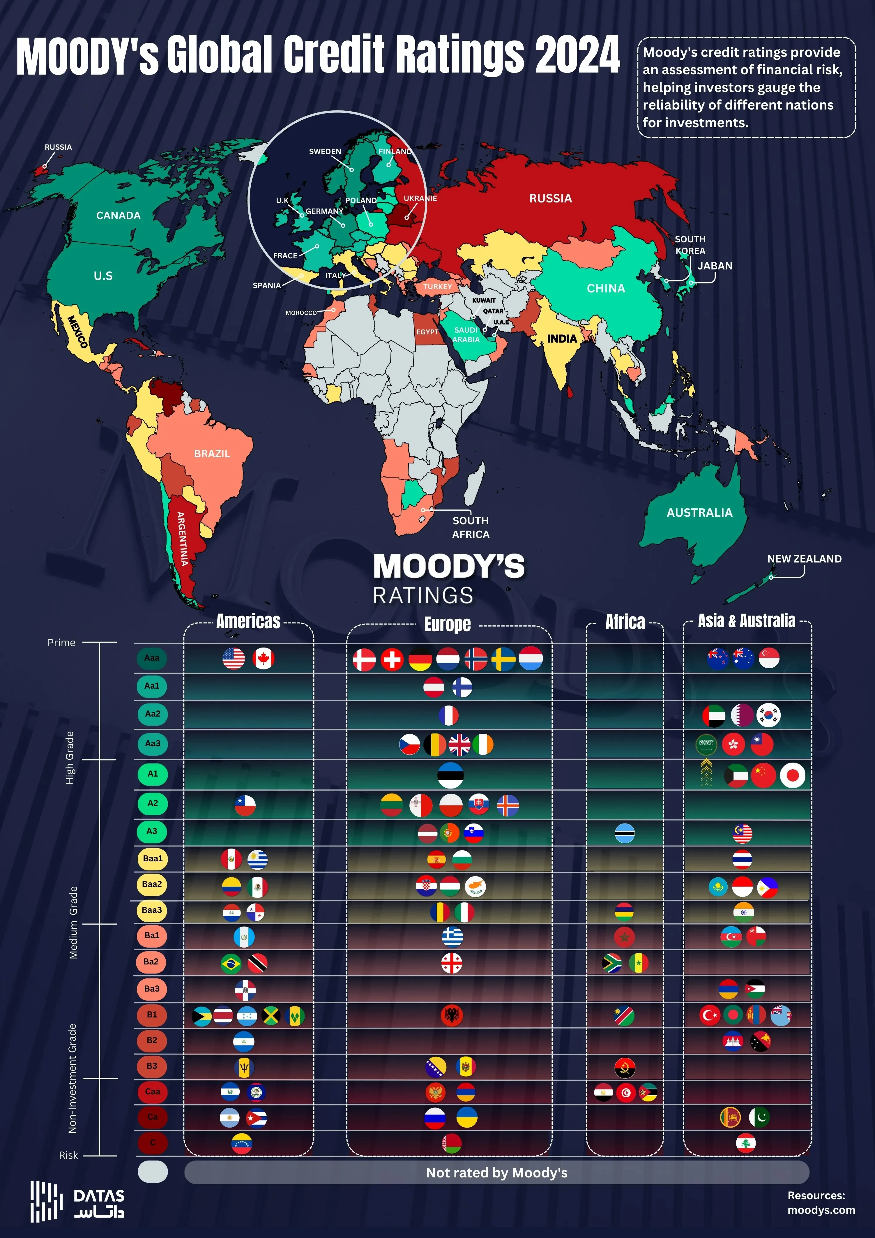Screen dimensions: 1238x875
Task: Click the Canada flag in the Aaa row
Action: (263, 658)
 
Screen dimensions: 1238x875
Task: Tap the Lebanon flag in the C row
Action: (746, 1142)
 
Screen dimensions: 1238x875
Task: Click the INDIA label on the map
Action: (562, 338)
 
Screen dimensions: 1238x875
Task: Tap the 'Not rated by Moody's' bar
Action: (496, 1173)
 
